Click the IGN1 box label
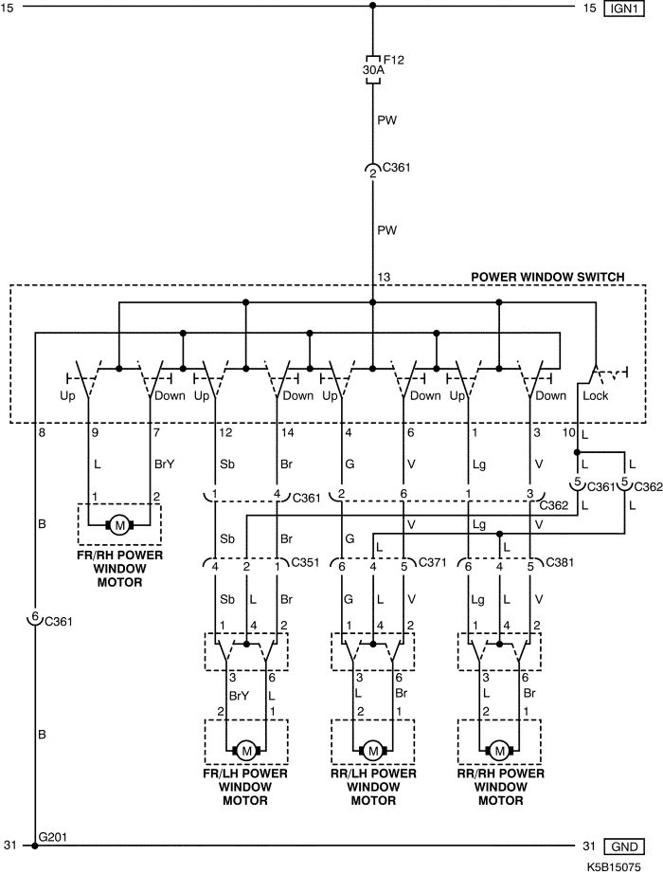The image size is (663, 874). tap(624, 9)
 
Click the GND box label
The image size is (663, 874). tap(624, 847)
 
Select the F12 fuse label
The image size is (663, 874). tap(393, 59)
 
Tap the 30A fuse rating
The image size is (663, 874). tap(373, 70)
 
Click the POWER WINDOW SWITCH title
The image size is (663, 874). tap(547, 277)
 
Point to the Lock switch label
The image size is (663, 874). tap(595, 395)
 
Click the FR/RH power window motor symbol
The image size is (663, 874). tap(119, 524)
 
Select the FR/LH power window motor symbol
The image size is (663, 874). tap(245, 751)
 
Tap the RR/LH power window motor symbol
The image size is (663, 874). tap(373, 751)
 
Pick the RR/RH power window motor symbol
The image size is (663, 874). tap(500, 751)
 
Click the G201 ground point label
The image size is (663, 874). tap(53, 837)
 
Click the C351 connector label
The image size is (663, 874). tap(305, 562)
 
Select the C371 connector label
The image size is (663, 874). tap(432, 562)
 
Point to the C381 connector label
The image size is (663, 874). tap(560, 562)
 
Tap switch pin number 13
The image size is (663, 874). tap(384, 277)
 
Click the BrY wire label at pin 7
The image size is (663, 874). tap(165, 464)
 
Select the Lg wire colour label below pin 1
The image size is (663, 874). tap(479, 464)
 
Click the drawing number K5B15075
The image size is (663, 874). tap(614, 867)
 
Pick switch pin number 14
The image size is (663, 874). tap(288, 432)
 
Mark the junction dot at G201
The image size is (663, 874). tap(34, 846)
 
